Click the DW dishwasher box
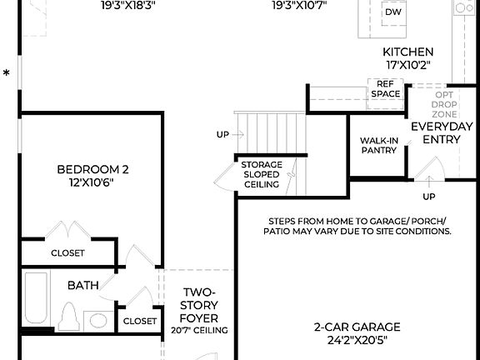[x=392, y=12]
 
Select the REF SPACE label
[x=384, y=89]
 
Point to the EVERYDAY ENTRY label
[x=442, y=132]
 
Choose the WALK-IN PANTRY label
[x=377, y=147]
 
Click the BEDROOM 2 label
[x=92, y=169]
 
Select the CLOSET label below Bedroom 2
[x=67, y=252]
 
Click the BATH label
[x=83, y=285]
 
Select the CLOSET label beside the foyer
[x=139, y=321]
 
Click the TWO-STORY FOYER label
[x=199, y=305]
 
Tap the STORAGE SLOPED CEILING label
[x=262, y=174]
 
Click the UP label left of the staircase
[x=222, y=133]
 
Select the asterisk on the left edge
[x=7, y=74]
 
